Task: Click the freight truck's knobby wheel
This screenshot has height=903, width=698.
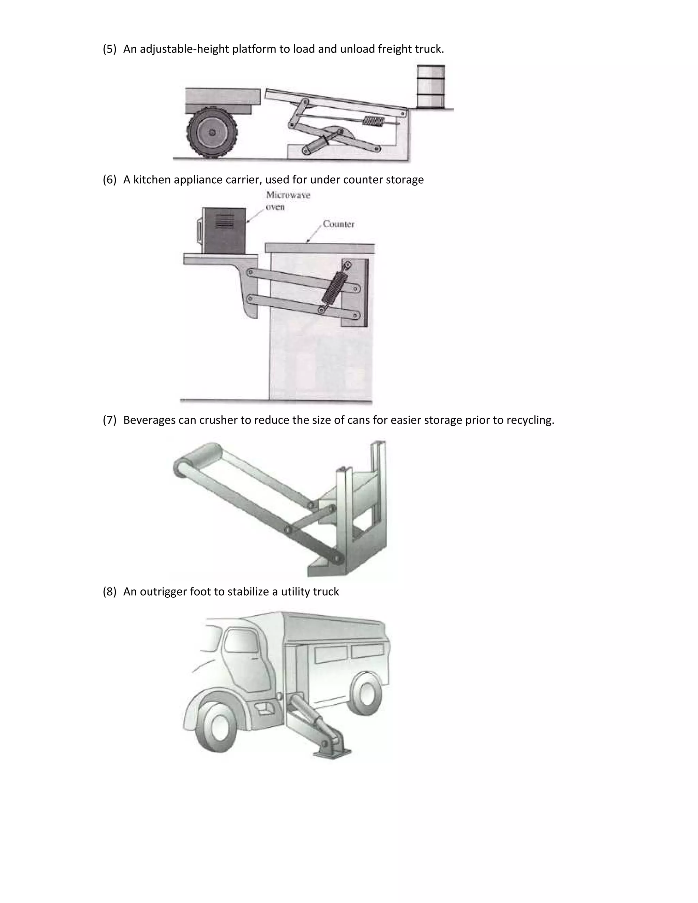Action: tap(212, 132)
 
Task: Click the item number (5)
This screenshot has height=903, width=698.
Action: tap(110, 49)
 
